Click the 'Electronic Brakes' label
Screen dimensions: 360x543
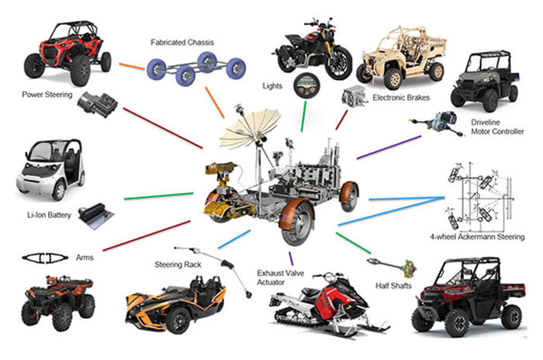click(x=403, y=98)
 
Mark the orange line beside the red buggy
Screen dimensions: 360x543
click(x=131, y=67)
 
